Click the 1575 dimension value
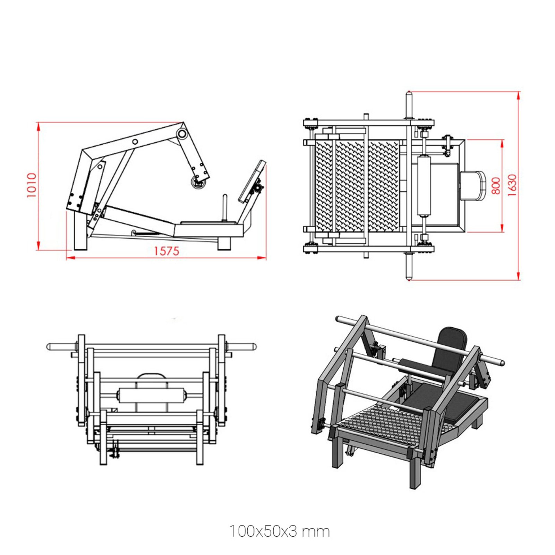tap(166, 251)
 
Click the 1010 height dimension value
tap(32, 185)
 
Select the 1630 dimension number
tap(512, 185)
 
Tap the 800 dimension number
tap(496, 186)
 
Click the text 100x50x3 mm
tap(280, 531)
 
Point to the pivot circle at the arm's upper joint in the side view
tap(182, 134)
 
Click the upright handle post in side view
tap(224, 207)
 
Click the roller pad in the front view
tap(151, 395)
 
